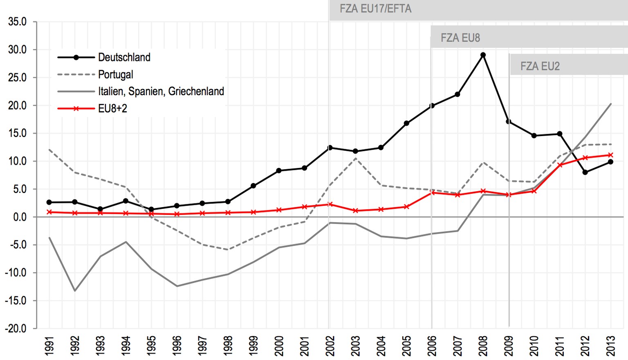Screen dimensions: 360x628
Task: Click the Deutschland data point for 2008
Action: pos(483,55)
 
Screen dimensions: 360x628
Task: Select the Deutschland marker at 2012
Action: pos(585,172)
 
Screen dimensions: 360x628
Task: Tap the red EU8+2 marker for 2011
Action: pos(560,165)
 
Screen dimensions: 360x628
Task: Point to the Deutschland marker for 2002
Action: pos(330,148)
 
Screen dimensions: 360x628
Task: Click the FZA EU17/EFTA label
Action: pos(375,9)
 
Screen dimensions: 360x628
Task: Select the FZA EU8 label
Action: pos(460,38)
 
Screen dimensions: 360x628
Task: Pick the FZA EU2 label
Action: pos(540,66)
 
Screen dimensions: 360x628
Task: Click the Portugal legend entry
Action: pos(115,74)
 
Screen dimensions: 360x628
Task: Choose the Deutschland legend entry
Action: pos(124,57)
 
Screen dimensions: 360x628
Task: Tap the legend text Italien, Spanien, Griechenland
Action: pos(161,91)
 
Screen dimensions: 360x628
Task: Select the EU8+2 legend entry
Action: pos(112,108)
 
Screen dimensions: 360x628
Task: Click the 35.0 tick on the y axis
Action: pos(17,22)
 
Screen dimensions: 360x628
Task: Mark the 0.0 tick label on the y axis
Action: pos(19,217)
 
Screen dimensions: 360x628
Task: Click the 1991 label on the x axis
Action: pos(49,346)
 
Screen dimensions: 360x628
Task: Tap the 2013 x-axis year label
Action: pos(610,346)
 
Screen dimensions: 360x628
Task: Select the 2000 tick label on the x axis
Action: pos(279,346)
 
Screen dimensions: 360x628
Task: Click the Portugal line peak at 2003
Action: pos(355,158)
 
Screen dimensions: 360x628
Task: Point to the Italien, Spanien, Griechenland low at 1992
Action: pos(74,291)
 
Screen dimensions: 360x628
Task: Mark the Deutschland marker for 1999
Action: pos(253,186)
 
